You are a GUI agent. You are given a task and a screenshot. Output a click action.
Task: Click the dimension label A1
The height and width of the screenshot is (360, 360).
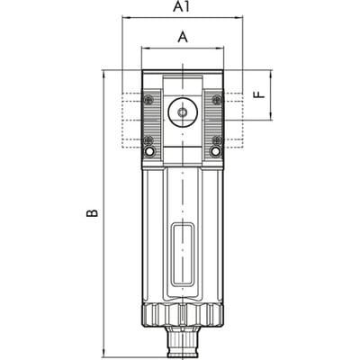click(182, 7)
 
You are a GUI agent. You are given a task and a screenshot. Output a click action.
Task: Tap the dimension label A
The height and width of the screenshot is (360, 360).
click(183, 38)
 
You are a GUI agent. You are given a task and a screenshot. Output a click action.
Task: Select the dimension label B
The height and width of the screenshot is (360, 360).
click(92, 212)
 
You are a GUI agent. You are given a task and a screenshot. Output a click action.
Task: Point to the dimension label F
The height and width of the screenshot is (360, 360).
click(259, 95)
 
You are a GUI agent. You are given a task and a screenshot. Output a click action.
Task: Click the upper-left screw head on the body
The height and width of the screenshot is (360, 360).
click(148, 100)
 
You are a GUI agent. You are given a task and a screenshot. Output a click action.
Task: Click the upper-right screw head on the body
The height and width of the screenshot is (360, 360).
click(217, 100)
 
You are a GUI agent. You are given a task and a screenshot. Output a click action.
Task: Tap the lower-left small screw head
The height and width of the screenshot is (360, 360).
click(148, 139)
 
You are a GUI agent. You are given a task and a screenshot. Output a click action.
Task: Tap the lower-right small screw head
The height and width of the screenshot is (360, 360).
click(217, 139)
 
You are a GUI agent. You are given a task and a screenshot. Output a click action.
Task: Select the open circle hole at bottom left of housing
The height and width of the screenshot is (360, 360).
click(148, 151)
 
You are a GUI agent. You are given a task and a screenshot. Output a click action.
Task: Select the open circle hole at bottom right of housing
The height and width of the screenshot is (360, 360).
click(216, 151)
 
